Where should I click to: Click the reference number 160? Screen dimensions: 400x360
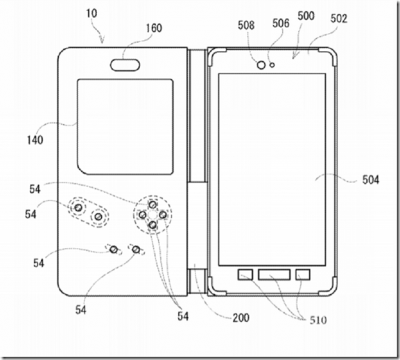tap(154, 28)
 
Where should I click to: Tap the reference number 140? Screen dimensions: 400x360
tap(35, 140)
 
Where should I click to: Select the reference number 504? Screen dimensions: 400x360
tap(371, 180)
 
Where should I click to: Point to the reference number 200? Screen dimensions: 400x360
tap(241, 318)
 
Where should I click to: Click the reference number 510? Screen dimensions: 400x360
tap(318, 320)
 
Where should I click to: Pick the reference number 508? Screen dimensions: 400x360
tap(246, 25)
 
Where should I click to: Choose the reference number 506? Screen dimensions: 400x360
tap(281, 23)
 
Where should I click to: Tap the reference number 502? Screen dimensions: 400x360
tap(339, 19)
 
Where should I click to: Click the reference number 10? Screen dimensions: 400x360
tap(92, 14)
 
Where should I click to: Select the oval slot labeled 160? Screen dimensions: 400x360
tap(125, 65)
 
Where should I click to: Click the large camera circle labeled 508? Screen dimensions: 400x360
tap(261, 65)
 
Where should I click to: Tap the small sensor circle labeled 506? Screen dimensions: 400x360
tap(272, 65)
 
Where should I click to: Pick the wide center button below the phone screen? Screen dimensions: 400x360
tap(274, 275)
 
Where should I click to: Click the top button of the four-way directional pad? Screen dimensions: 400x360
tap(152, 205)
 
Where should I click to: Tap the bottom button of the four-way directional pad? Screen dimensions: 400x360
tap(152, 225)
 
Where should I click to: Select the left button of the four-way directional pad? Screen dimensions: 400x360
tap(143, 215)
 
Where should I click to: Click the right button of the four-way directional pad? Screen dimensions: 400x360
tap(163, 215)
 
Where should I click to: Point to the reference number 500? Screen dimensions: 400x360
tap(306, 16)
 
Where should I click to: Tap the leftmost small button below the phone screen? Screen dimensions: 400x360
tap(245, 275)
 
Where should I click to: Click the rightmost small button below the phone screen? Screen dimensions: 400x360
tap(303, 275)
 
